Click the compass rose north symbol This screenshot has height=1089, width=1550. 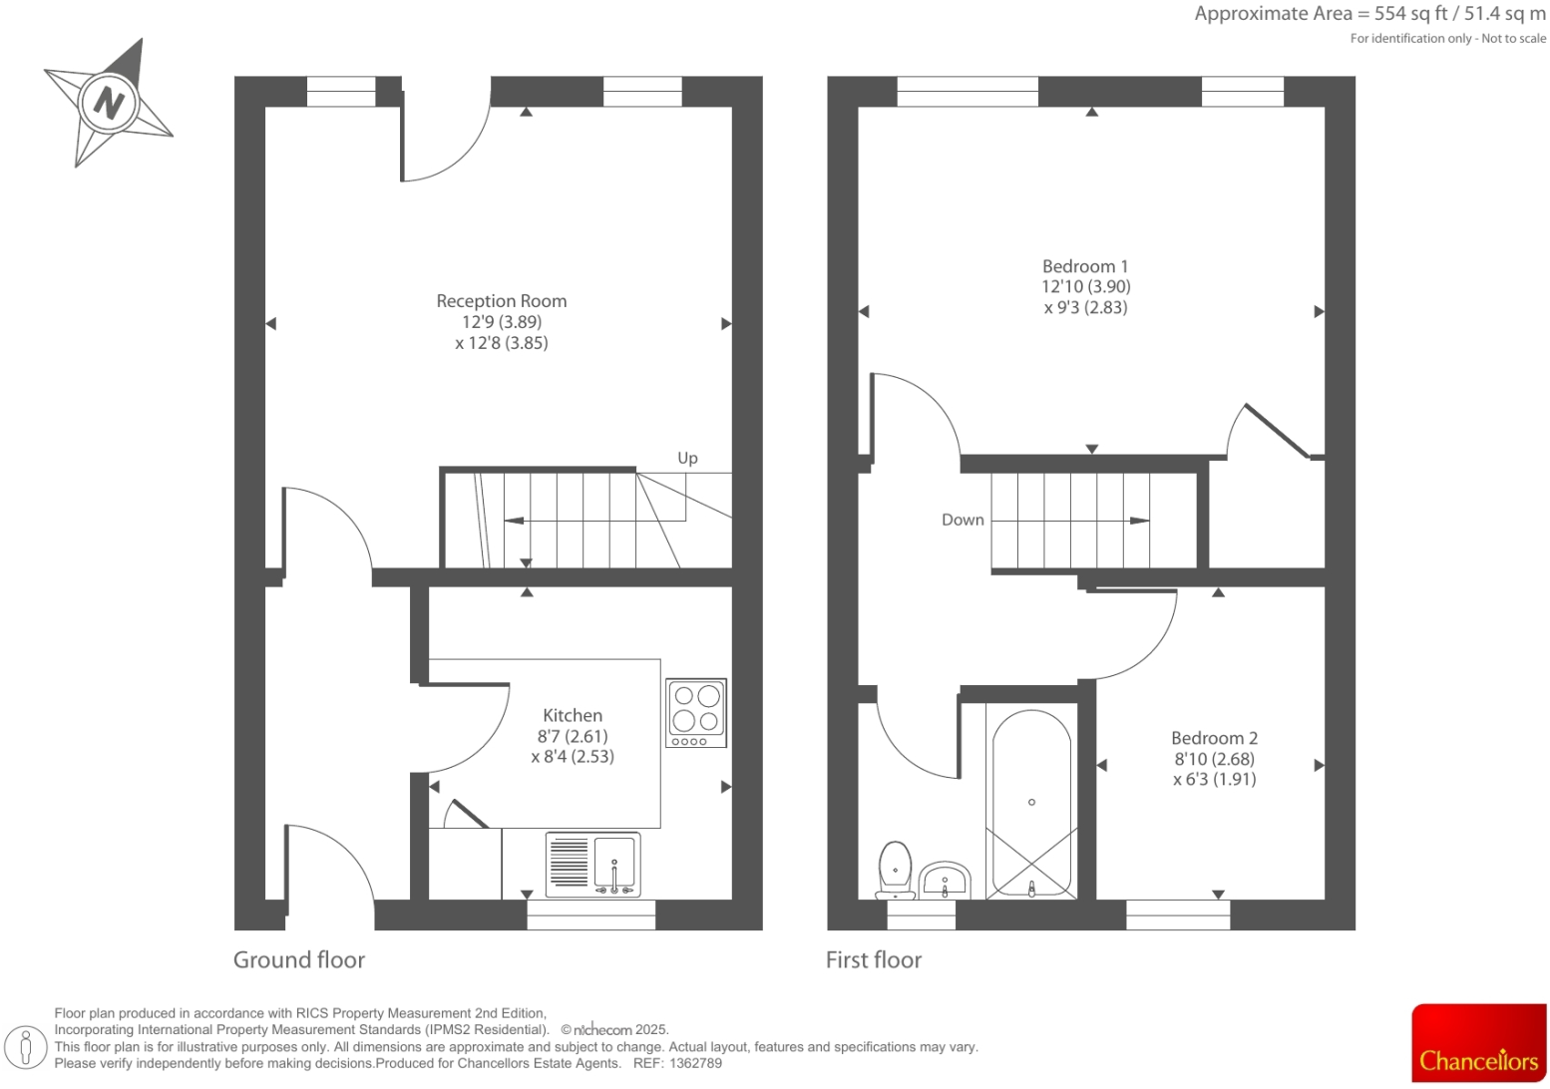pos(108,103)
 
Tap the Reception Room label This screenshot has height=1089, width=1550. pos(501,301)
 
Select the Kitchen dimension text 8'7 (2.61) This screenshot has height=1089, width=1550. pos(572,736)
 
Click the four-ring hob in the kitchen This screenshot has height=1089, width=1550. pos(695,712)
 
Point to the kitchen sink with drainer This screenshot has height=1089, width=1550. pos(592,864)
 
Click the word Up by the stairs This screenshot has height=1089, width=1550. pos(687,458)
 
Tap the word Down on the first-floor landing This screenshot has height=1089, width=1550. pos(962,520)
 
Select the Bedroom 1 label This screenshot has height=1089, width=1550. pos(1084,266)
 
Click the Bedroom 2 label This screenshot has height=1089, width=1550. pos(1213,738)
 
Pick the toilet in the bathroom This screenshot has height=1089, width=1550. pos(895,868)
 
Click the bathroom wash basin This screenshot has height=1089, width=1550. pos(944,880)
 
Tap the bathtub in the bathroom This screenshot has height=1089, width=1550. pos(1031,803)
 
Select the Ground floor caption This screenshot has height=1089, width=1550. pos(298,959)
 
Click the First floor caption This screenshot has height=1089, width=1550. pos(873,959)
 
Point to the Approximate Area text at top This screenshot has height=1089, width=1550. pos(1369,14)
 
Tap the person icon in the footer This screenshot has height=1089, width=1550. pos(27,1047)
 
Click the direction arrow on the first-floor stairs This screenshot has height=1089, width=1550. pos(1138,521)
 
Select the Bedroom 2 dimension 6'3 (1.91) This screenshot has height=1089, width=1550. pos(1214,779)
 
